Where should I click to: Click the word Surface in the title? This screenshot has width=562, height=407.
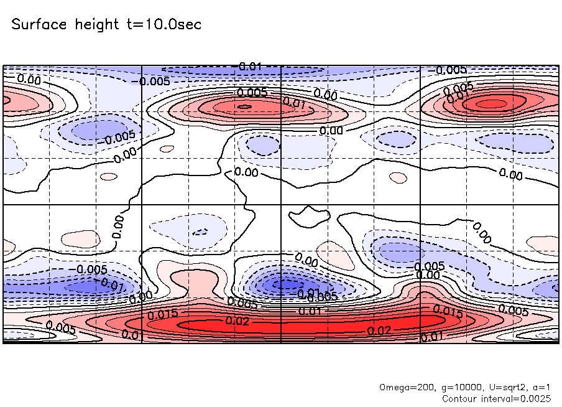pos(38,25)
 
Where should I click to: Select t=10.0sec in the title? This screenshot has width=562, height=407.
pos(164,25)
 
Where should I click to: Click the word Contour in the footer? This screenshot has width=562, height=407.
pos(460,398)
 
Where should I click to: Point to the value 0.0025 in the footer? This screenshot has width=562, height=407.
pos(537,398)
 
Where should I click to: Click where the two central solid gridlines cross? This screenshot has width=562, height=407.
pos(282,204)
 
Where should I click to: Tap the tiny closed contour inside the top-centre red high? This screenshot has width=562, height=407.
pos(245,106)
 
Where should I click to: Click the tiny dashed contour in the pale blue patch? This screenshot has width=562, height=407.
pos(200,232)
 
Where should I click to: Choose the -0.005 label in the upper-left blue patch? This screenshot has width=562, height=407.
pos(119,138)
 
